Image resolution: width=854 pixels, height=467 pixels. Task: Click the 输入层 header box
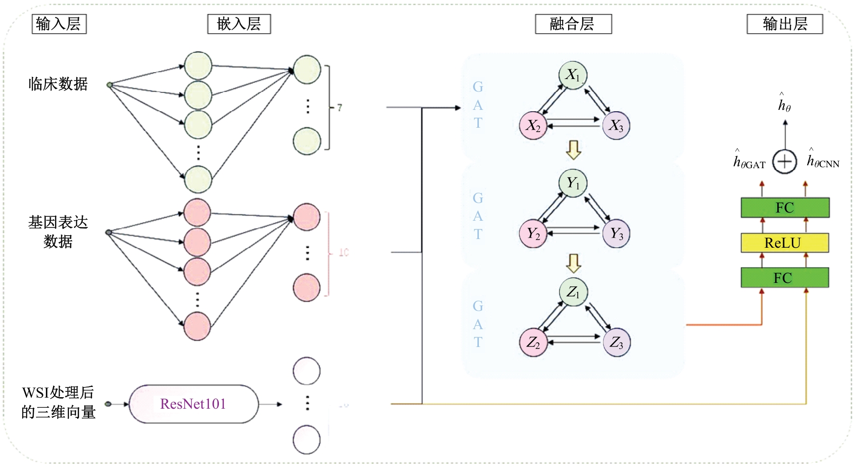click(x=59, y=24)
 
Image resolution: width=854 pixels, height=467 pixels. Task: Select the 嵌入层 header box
click(x=239, y=24)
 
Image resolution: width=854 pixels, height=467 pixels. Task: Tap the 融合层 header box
click(x=573, y=24)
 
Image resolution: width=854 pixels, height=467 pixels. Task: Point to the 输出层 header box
click(x=785, y=24)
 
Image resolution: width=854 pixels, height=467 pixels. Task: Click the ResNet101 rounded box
click(x=193, y=404)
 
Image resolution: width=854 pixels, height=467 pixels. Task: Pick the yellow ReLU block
click(x=785, y=242)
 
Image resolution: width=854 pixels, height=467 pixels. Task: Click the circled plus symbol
click(x=785, y=161)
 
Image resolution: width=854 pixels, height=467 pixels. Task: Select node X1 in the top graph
click(x=572, y=75)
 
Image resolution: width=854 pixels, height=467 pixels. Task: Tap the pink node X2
click(x=533, y=125)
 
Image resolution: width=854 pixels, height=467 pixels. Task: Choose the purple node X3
click(x=616, y=125)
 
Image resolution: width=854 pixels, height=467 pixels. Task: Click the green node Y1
click(x=572, y=183)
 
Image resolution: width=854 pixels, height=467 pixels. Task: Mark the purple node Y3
click(x=616, y=234)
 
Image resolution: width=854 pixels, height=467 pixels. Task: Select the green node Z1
click(x=573, y=292)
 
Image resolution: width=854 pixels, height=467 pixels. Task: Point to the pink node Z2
click(x=533, y=342)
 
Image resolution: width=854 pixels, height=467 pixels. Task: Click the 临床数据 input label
click(x=58, y=84)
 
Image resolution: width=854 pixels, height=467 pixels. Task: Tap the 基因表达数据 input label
click(x=58, y=231)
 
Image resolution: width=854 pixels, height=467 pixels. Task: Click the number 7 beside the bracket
click(x=339, y=107)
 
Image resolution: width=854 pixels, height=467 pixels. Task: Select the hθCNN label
click(x=823, y=160)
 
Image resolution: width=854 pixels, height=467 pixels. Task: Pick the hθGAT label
click(x=749, y=161)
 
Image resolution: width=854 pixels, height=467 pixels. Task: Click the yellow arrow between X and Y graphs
click(x=573, y=150)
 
